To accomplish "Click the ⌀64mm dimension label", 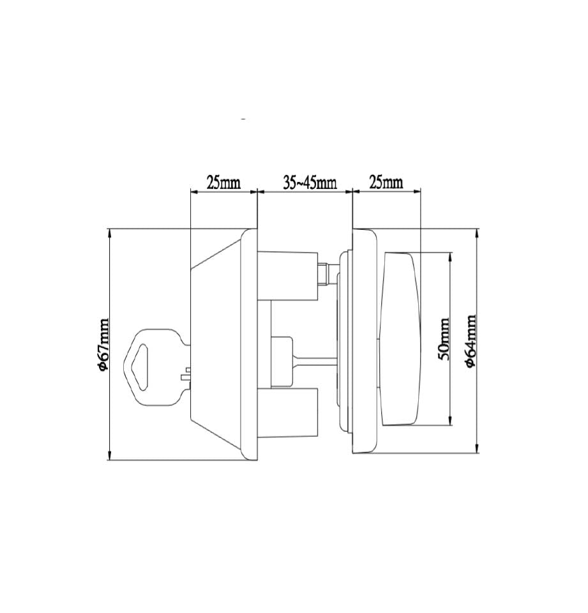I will (471, 340).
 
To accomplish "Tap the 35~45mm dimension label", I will (309, 183).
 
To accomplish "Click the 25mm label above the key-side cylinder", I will (223, 183).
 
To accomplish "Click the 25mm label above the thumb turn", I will (386, 183).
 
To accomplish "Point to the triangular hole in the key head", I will (141, 365).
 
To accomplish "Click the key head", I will (153, 367).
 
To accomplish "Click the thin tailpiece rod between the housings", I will (314, 360).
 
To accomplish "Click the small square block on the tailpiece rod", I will (282, 361).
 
